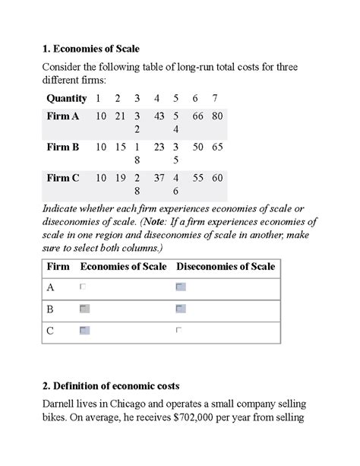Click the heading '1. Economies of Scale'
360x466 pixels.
[x=90, y=49]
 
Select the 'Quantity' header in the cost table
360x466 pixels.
[x=67, y=98]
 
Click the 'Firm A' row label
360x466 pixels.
[x=63, y=116]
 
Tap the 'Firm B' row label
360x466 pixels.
[x=63, y=147]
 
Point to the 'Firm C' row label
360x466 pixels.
[x=63, y=178]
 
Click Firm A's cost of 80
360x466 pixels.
[x=217, y=116]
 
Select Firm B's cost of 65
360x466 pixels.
[x=217, y=147]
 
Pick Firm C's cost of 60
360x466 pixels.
[x=217, y=178]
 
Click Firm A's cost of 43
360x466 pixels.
[x=159, y=116]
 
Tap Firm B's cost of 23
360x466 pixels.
[x=159, y=147]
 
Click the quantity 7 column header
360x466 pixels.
[x=216, y=98]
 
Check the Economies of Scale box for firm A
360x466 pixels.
[x=84, y=287]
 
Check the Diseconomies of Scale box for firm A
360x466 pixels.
[x=180, y=287]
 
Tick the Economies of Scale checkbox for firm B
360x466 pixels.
[x=84, y=309]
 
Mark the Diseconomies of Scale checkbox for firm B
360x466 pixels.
[x=180, y=309]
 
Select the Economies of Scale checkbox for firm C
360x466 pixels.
[x=84, y=330]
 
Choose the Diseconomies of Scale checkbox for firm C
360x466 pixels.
[x=179, y=330]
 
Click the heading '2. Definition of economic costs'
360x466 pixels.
[x=110, y=386]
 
